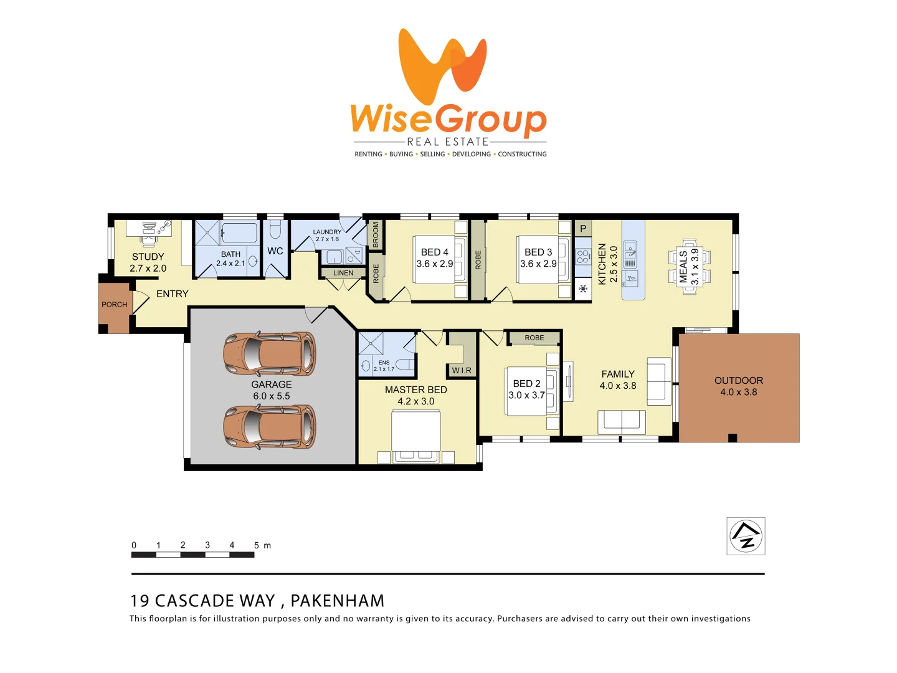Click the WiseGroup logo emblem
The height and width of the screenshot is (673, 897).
point(442,66)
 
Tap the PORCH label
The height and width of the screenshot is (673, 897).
point(114,305)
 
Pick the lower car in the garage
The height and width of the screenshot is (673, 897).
point(270,426)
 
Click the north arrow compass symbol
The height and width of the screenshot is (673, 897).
point(746,536)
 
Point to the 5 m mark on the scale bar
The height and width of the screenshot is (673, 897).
point(257,545)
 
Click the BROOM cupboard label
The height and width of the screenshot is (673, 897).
point(376,234)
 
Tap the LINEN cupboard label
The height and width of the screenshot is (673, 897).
point(343,273)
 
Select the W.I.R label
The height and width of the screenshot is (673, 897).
point(462,370)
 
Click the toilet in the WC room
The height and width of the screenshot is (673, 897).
point(275,231)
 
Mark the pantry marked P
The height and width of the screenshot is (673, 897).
point(583,229)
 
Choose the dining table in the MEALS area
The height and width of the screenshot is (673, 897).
point(689,267)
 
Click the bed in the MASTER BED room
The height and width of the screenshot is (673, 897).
point(415,436)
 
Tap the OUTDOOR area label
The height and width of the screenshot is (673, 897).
point(739,381)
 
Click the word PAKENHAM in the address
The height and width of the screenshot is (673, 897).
point(338,601)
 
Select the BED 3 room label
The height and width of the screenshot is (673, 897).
point(538,252)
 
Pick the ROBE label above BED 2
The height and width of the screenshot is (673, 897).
point(534,338)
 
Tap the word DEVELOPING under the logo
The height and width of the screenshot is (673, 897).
point(471,154)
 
